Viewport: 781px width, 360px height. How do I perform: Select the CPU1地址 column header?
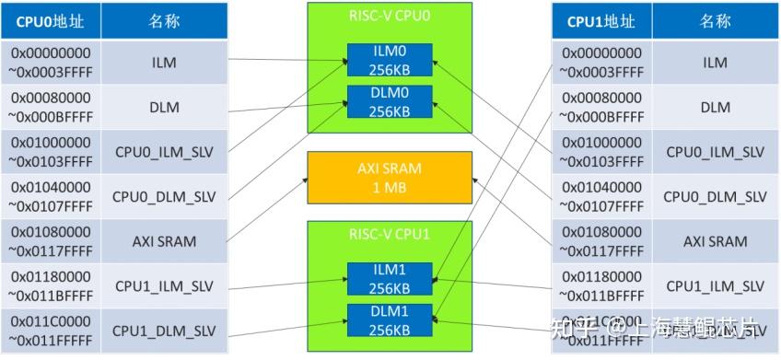click(601, 20)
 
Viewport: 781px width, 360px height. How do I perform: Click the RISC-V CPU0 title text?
click(389, 16)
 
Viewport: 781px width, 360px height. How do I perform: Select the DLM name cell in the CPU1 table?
click(715, 107)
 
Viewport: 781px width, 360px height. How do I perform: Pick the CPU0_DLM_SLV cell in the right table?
click(715, 196)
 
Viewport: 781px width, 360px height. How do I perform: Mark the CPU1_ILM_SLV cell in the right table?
click(715, 286)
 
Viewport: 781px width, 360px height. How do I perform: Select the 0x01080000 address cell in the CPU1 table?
click(601, 241)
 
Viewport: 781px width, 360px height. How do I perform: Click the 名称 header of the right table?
click(715, 20)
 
